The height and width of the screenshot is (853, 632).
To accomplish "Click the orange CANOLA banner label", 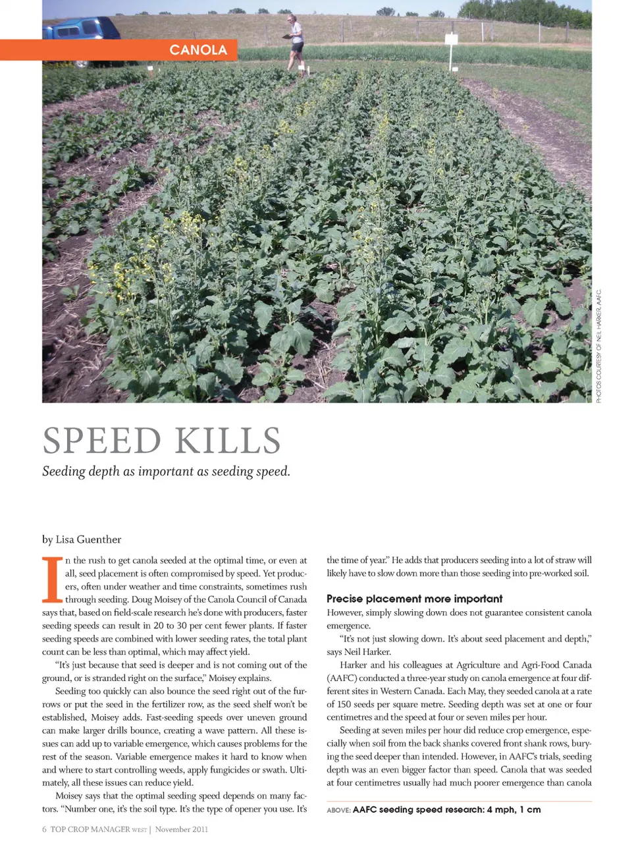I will coord(197,50).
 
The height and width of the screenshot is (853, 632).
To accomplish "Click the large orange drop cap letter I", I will coord(52,580).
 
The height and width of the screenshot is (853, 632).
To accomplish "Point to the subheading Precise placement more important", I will coord(414,599).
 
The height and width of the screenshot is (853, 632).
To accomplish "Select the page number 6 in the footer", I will coord(44,829).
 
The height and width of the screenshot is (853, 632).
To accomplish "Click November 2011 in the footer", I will coord(182,829).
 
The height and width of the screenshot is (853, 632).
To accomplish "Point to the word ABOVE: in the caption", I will coord(338,810).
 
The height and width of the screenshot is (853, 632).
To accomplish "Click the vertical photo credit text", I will coord(599,346).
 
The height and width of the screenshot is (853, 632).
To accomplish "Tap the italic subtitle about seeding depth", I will coord(166,472).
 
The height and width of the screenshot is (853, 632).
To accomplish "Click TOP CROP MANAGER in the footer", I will coord(90,829).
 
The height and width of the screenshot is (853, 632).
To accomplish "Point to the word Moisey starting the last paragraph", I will coord(69,796).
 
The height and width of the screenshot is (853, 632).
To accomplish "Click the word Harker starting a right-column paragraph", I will coord(354,665).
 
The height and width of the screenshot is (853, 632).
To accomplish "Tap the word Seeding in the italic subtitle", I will coord(64,472).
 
